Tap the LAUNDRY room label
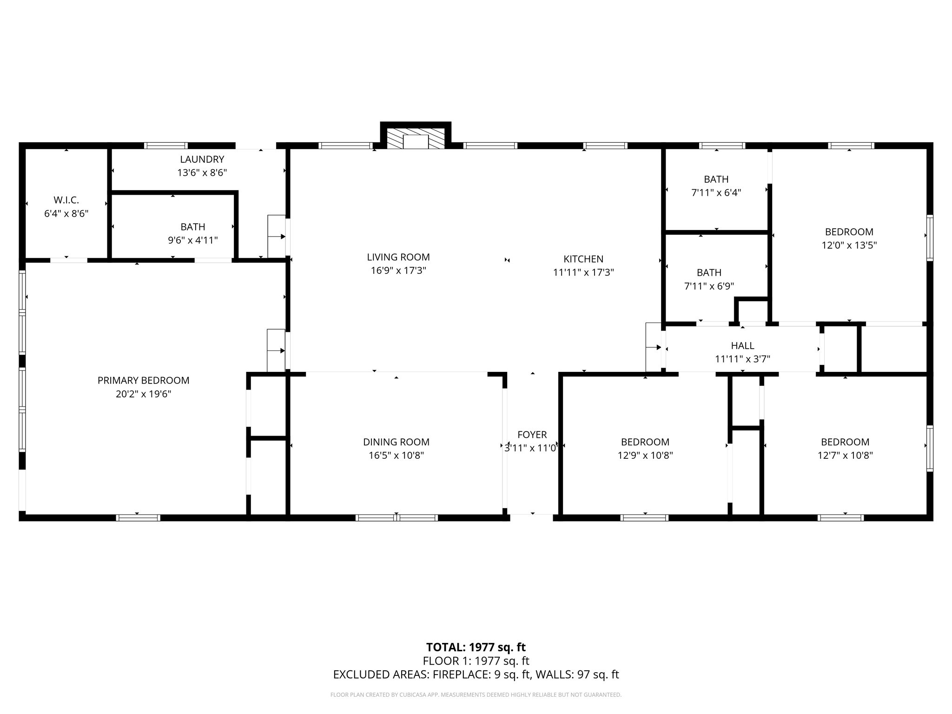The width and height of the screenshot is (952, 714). (x=202, y=159)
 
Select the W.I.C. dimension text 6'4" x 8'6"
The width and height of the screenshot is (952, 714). (x=66, y=214)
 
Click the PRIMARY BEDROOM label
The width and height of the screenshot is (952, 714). (x=143, y=380)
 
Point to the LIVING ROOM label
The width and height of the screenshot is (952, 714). (x=398, y=257)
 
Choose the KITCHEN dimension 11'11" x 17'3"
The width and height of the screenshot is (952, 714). (x=583, y=272)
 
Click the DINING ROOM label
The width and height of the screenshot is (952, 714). (x=396, y=442)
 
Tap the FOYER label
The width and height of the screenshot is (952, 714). (x=532, y=435)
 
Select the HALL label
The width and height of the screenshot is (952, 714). (x=742, y=345)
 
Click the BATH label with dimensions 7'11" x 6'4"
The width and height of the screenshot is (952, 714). (x=716, y=179)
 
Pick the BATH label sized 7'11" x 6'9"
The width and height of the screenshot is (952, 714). (x=709, y=272)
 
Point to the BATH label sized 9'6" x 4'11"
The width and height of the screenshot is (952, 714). (x=192, y=227)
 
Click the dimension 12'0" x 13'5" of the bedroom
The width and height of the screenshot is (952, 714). (x=849, y=245)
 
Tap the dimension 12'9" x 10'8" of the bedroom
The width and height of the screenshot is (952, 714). (x=645, y=456)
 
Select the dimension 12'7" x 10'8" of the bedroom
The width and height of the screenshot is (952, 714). (x=845, y=456)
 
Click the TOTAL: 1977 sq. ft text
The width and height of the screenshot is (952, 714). (x=476, y=647)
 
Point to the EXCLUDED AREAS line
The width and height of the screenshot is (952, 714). (x=476, y=674)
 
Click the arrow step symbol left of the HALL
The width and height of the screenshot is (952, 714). (x=654, y=347)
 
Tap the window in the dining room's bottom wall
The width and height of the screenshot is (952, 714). (x=397, y=517)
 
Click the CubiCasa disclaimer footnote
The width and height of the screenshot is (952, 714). (x=476, y=695)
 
